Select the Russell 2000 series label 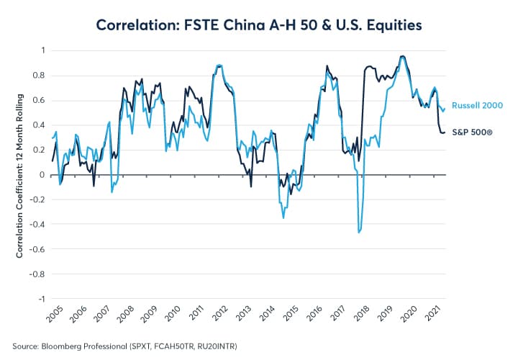click(x=477, y=105)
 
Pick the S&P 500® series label click(x=472, y=132)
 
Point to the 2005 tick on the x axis click(x=54, y=311)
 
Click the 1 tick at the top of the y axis click(x=42, y=50)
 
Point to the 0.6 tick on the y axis click(x=39, y=100)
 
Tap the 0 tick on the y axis click(x=42, y=175)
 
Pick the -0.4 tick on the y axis click(x=37, y=225)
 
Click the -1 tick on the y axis click(x=41, y=299)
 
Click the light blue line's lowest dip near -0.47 click(x=358, y=233)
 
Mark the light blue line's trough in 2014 click(x=283, y=217)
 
